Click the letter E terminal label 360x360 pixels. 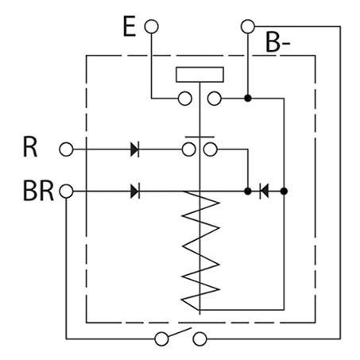(x=130, y=26)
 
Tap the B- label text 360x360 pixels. (x=277, y=42)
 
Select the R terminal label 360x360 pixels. (x=30, y=147)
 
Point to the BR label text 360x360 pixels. (x=38, y=192)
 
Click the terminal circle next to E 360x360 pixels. (x=152, y=26)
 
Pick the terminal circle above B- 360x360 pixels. (x=248, y=26)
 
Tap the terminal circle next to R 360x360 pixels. (x=66, y=149)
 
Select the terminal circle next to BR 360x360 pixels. (x=66, y=192)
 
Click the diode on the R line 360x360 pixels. (x=135, y=149)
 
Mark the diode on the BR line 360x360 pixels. (x=135, y=192)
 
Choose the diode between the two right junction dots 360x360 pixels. (x=265, y=192)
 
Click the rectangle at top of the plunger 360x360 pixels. (x=199, y=75)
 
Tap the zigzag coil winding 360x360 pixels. (x=200, y=250)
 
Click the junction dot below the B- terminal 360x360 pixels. (x=248, y=99)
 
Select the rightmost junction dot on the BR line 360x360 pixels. (x=284, y=192)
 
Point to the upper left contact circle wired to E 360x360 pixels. (x=185, y=99)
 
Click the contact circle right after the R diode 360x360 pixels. (x=189, y=149)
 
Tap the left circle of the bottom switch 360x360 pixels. (x=161, y=339)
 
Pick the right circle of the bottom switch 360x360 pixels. (x=199, y=339)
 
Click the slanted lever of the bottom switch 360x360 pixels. (x=180, y=332)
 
